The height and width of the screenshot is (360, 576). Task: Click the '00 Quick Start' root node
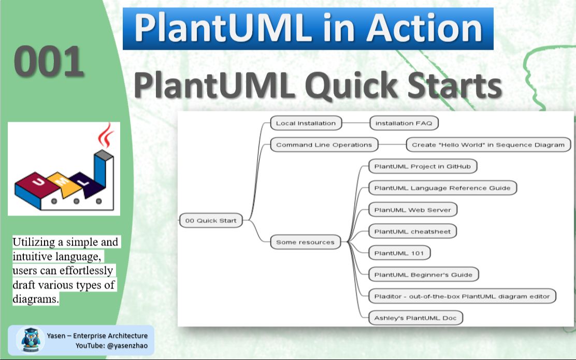pyautogui.click(x=211, y=221)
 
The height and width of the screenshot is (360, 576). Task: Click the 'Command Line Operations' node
pyautogui.click(x=324, y=145)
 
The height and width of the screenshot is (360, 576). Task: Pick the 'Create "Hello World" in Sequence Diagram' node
pyautogui.click(x=488, y=145)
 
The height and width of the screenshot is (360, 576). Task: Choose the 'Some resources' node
pyautogui.click(x=305, y=242)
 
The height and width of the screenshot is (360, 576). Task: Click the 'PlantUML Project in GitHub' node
pyautogui.click(x=423, y=166)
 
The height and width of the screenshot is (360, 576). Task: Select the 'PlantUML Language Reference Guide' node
pyautogui.click(x=442, y=188)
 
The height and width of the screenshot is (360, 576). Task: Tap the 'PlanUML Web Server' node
pyautogui.click(x=413, y=210)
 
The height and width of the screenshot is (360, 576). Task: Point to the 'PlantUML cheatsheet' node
pyautogui.click(x=412, y=232)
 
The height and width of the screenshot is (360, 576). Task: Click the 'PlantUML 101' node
pyautogui.click(x=399, y=253)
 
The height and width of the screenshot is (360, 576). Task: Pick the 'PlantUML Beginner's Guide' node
pyautogui.click(x=423, y=275)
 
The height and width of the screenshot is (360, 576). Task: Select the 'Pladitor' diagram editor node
pyautogui.click(x=463, y=296)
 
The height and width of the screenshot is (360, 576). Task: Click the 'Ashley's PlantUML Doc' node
pyautogui.click(x=415, y=318)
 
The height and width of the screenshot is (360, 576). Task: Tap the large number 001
pyautogui.click(x=49, y=61)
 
